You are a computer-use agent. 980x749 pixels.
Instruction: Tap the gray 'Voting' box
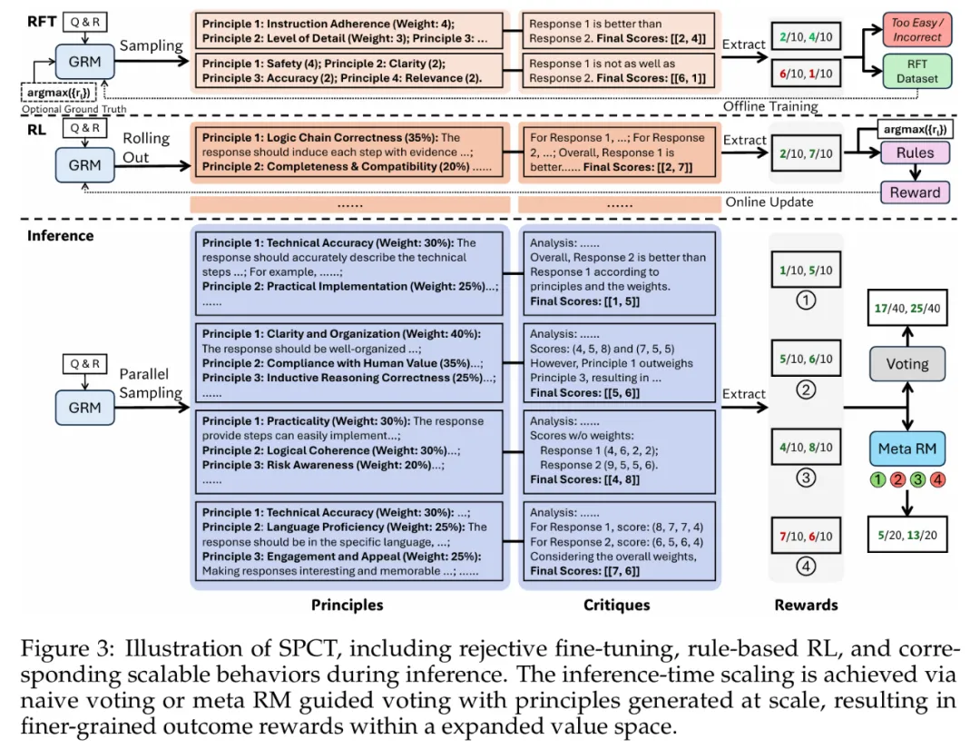tap(907, 364)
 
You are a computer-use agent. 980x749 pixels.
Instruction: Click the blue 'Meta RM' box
tap(907, 448)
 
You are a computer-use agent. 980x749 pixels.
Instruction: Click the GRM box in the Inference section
tap(84, 409)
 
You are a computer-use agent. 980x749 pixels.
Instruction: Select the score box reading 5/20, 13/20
tap(907, 535)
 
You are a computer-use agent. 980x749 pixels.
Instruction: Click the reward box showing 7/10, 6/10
tap(807, 536)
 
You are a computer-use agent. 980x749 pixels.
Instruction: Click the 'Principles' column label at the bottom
tap(348, 605)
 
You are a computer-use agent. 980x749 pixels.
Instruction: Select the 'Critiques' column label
tap(617, 605)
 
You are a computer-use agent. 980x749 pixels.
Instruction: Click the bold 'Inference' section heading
tap(60, 236)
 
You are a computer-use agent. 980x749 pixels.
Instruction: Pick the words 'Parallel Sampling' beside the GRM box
tap(152, 383)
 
